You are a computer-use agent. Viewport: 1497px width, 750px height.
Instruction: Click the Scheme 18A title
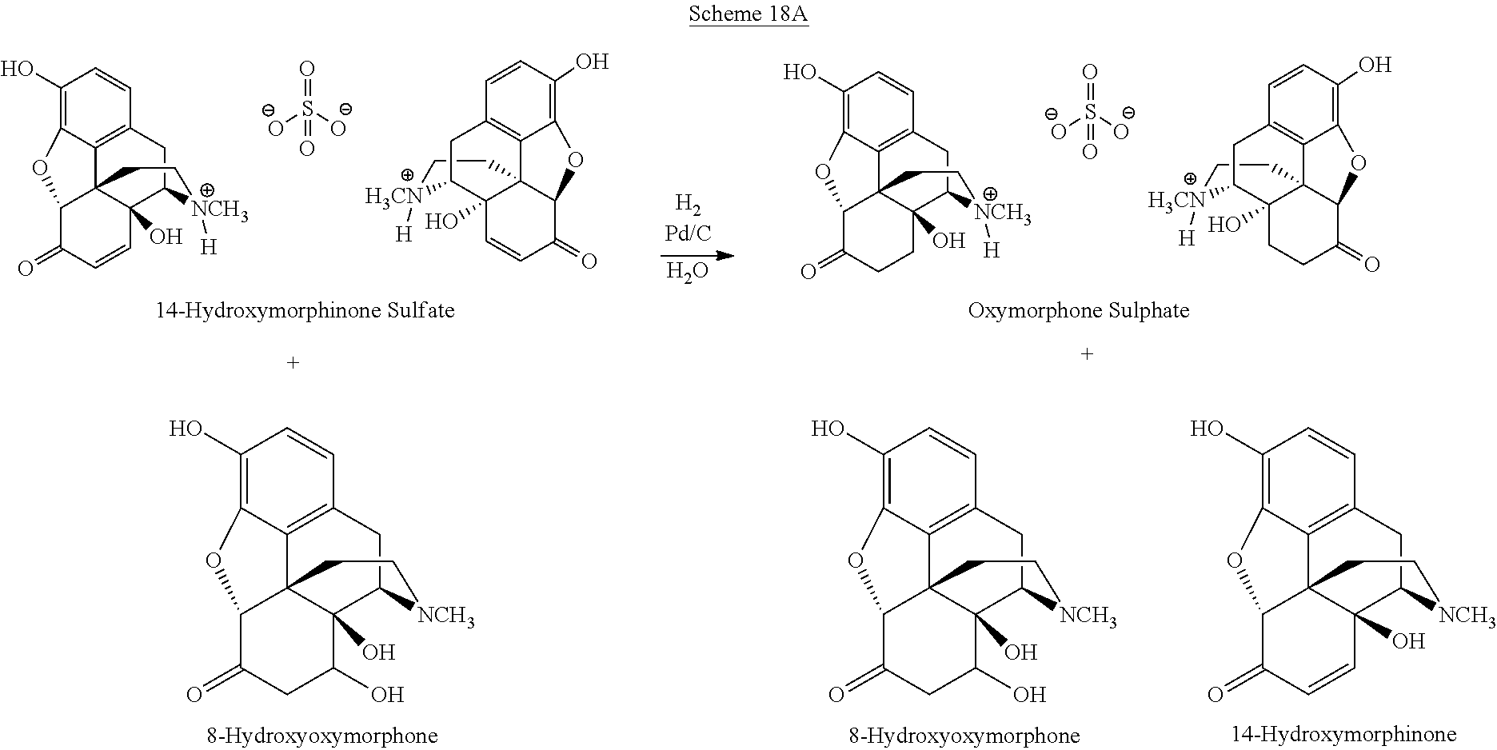click(748, 15)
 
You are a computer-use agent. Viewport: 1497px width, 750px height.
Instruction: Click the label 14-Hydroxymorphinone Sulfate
click(305, 310)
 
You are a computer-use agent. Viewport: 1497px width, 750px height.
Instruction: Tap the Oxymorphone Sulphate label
click(1078, 310)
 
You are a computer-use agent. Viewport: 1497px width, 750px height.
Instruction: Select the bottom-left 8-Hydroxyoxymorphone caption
click(321, 735)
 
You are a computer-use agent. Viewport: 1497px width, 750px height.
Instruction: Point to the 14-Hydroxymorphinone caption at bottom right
click(1343, 733)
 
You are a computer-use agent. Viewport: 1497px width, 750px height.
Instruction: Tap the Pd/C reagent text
click(688, 234)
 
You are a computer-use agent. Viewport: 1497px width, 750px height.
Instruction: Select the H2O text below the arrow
click(687, 273)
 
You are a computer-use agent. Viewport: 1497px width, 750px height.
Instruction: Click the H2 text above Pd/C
click(688, 204)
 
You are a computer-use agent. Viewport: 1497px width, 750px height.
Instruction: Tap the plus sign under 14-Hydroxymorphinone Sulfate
click(293, 362)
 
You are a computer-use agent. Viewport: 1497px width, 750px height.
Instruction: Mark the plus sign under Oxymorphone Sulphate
click(1087, 353)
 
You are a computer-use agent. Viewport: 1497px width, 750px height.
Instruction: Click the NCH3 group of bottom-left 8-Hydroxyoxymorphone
click(446, 616)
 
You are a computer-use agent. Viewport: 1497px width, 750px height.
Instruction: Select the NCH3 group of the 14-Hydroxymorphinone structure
click(1467, 616)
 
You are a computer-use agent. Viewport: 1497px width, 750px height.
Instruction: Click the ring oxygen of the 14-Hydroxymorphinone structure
click(1234, 560)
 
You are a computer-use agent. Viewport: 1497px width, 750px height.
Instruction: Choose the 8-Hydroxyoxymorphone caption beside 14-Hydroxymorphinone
click(964, 735)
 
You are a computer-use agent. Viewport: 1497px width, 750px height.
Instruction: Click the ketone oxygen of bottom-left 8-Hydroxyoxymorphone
click(194, 694)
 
